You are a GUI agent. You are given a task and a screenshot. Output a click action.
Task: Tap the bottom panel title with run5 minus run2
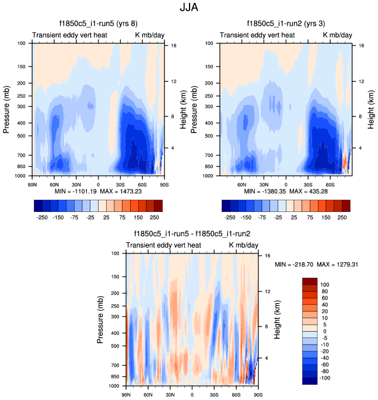(192, 234)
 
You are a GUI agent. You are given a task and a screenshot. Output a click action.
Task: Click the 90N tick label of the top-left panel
(33, 185)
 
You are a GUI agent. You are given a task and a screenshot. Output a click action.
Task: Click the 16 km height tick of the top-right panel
(362, 46)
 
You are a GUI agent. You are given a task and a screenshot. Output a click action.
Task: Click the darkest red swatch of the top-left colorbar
(157, 206)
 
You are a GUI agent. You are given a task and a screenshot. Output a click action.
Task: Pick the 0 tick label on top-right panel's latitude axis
(286, 185)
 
